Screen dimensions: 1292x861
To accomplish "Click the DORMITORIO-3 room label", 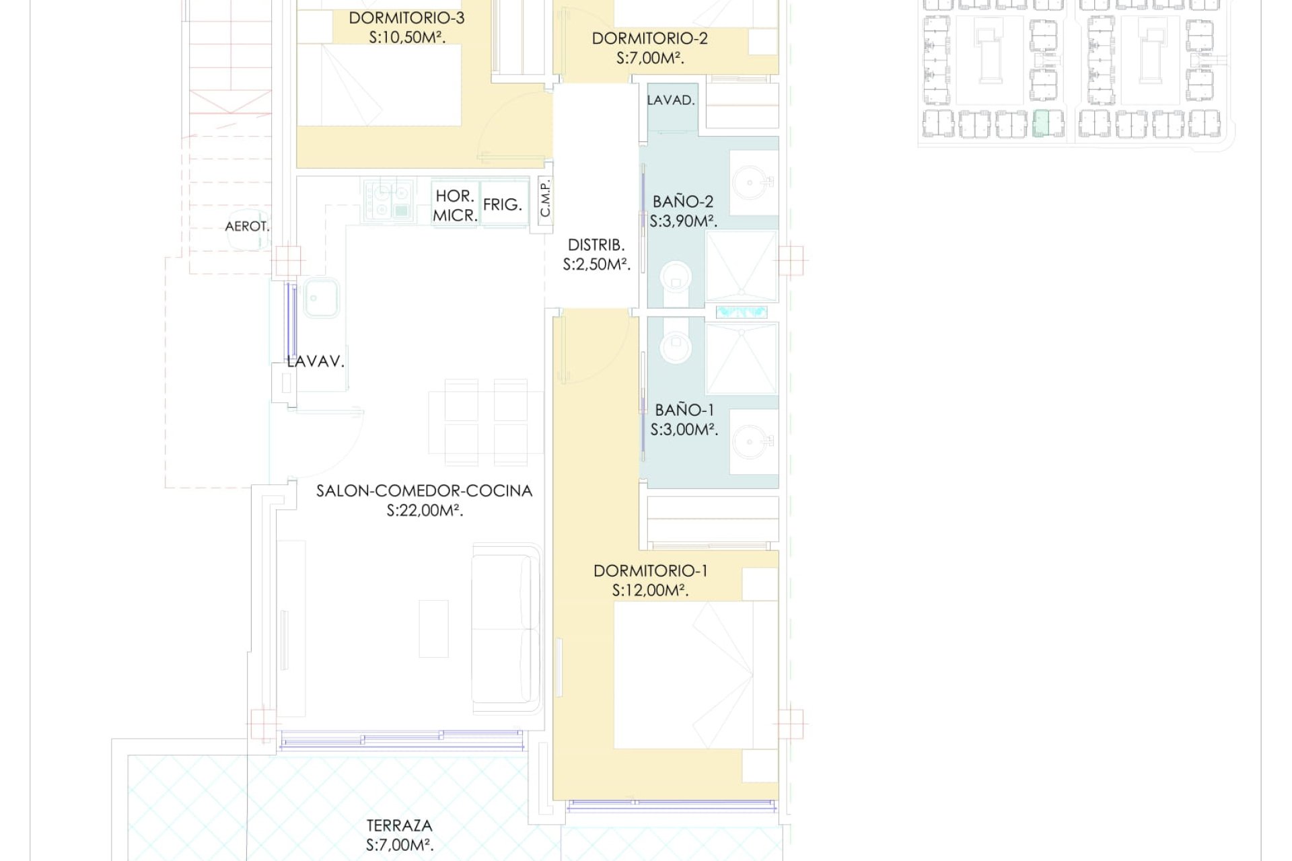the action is point(406,18).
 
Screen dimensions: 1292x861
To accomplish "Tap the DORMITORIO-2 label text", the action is point(649,38).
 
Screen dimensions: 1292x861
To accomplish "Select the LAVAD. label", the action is point(670,100).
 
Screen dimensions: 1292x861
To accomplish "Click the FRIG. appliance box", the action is point(503,204).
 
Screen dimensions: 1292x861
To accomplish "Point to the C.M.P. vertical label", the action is point(546,198).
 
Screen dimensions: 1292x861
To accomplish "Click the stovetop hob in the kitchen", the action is point(387,200).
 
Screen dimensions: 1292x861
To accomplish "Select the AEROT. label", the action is point(247,227).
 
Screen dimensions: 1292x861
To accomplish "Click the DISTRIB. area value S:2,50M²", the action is point(596,265).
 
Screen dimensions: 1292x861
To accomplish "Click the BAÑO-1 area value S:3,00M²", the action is point(684,430).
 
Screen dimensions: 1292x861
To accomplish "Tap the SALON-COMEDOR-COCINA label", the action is point(425,491).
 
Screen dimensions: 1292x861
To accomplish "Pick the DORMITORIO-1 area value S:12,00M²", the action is point(650,591).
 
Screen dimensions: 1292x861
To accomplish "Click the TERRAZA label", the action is point(400,825).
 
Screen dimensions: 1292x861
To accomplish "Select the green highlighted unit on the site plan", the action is point(1041,124).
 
